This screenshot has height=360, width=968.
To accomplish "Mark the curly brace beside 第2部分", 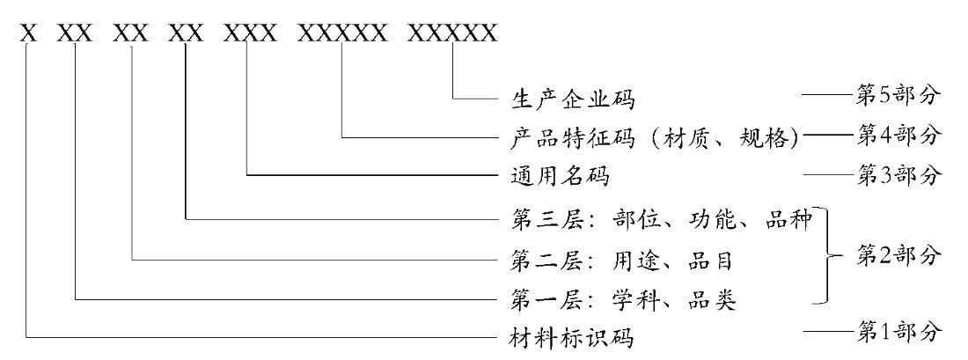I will coord(830,258).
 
